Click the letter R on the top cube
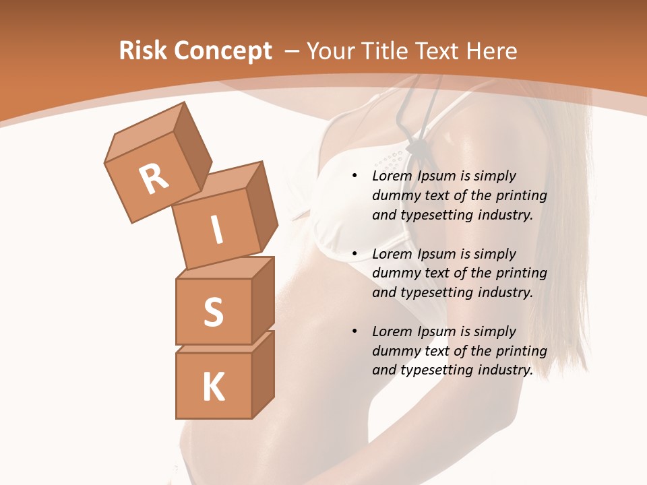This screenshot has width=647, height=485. point(154,179)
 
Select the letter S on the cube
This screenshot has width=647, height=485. point(213,313)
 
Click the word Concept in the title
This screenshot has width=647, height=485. point(222,51)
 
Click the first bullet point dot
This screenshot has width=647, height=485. point(355,176)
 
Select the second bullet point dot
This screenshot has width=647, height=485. point(355,254)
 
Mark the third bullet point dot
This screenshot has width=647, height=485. point(355,331)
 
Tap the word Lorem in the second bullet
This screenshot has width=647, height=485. point(390,254)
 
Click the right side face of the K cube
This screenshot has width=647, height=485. point(263,374)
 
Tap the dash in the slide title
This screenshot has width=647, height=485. point(293,51)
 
